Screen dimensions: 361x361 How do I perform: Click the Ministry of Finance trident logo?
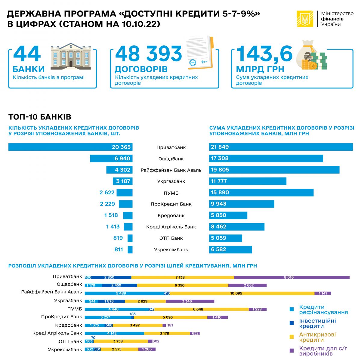coord(305,19)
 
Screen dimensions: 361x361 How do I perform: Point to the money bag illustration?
coord(311,56)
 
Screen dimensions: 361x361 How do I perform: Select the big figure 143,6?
coord(264,54)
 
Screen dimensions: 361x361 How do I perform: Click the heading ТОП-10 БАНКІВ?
coord(40,117)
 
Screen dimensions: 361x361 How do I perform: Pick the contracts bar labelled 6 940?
coord(111,159)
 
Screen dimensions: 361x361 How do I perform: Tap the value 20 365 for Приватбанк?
coord(121,147)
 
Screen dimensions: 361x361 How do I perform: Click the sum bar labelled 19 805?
coord(274,170)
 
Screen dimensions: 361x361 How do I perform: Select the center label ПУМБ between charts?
coord(171,193)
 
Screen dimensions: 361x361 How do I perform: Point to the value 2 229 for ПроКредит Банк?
coord(107,204)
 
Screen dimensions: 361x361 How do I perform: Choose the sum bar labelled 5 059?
coord(225,238)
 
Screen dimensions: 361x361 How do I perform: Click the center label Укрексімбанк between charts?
coord(171,250)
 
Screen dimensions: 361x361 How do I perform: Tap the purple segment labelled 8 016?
coord(292,277)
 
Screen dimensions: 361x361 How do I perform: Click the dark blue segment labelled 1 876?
coord(110,301)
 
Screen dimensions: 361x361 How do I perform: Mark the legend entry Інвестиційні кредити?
coord(317,323)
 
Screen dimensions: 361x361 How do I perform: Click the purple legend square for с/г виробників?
coord(291,350)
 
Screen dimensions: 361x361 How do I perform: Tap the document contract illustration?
coord(199,53)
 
